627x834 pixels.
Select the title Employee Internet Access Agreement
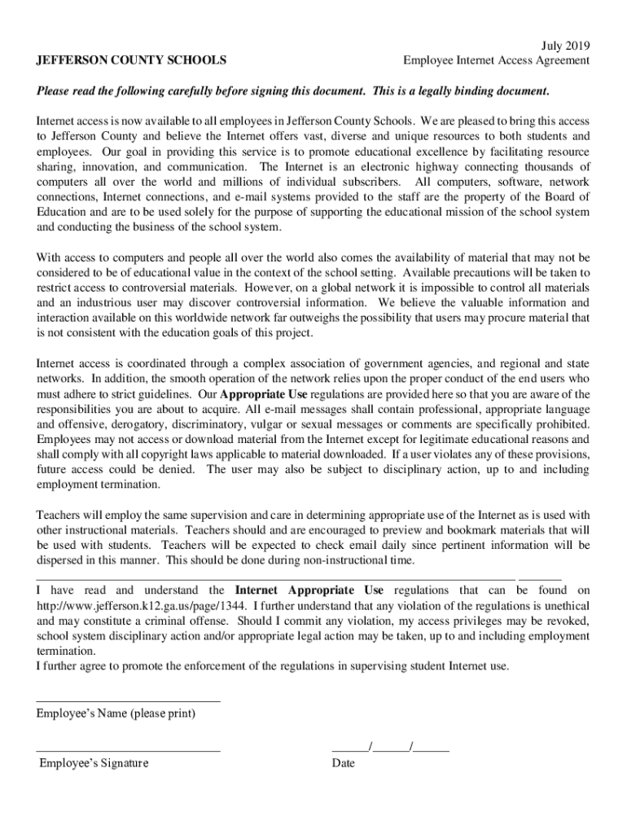click(x=497, y=60)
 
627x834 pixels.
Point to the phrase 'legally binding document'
click(x=485, y=90)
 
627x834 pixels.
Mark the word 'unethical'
click(x=563, y=606)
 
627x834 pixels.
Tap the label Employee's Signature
click(x=94, y=763)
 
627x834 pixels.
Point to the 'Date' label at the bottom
click(x=343, y=763)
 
